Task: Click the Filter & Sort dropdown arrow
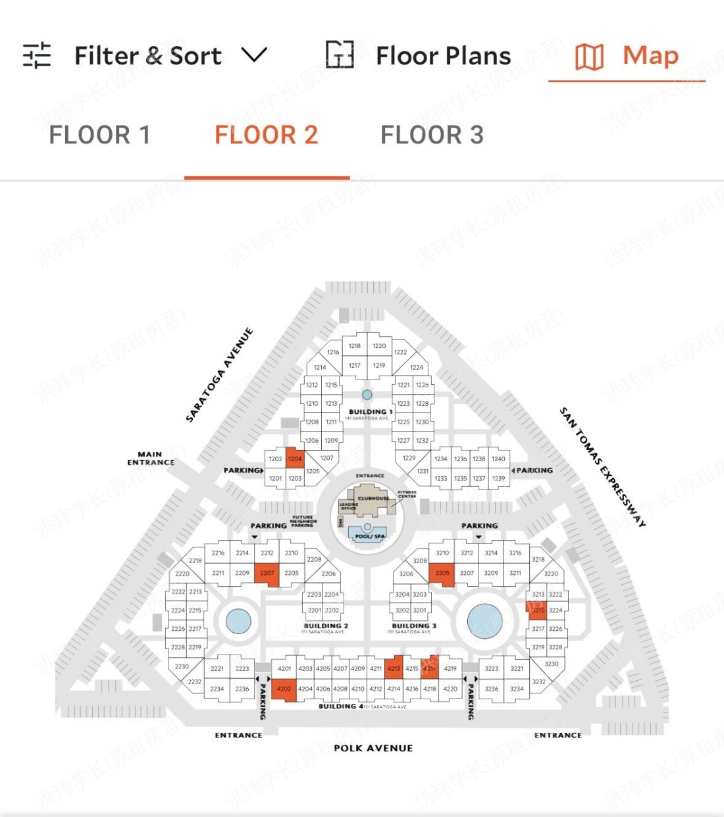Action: tap(254, 55)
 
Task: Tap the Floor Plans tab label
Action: tap(443, 56)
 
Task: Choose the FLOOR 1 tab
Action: tap(100, 136)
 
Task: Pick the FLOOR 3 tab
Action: tap(432, 136)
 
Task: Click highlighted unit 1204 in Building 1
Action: tap(295, 458)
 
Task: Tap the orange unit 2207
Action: tap(267, 573)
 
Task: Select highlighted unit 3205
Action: tap(442, 573)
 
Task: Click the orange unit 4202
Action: tap(284, 689)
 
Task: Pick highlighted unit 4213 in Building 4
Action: tap(394, 668)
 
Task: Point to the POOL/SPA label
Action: tap(370, 536)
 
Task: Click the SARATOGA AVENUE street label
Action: tap(219, 375)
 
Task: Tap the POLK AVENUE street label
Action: tap(373, 748)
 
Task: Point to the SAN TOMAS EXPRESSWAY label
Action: tap(602, 466)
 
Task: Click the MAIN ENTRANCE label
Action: tap(151, 458)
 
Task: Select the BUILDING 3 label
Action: tap(414, 626)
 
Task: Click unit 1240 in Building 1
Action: tap(499, 458)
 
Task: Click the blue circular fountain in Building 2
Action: tap(238, 620)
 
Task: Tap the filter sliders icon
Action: tap(37, 55)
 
